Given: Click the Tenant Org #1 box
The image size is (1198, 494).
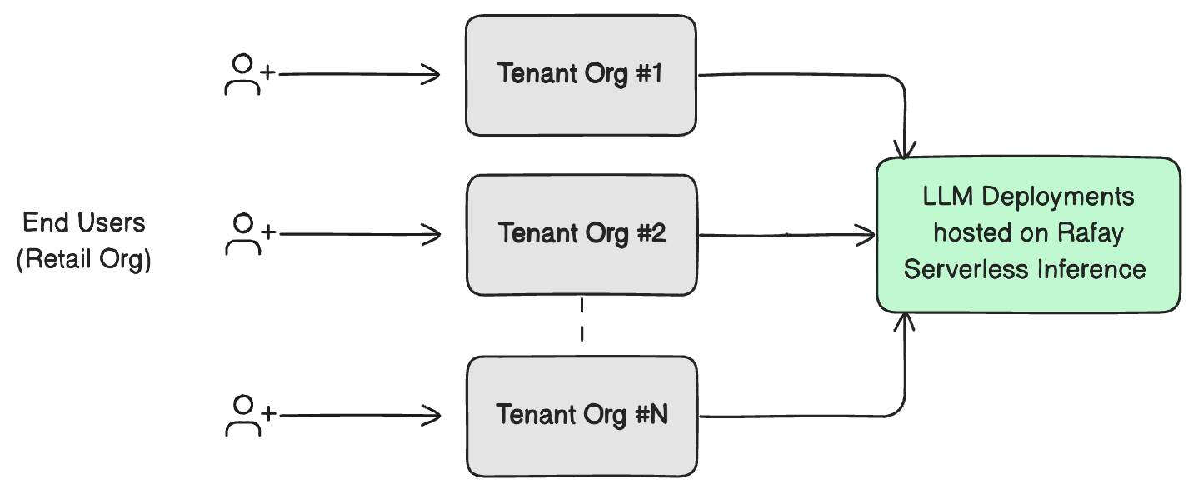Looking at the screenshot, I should pyautogui.click(x=581, y=75).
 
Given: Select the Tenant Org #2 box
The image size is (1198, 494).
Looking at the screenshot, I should pyautogui.click(x=581, y=234).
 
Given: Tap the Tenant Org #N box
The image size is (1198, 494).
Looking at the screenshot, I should pyautogui.click(x=581, y=416).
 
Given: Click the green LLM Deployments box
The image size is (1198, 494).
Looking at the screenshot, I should pyautogui.click(x=1028, y=234).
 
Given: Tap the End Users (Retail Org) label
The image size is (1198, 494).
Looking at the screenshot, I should pyautogui.click(x=83, y=241).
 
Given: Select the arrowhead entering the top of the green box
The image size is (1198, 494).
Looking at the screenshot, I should pyautogui.click(x=905, y=150).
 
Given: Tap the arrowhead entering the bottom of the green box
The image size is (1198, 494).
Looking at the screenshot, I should pyautogui.click(x=905, y=322).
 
